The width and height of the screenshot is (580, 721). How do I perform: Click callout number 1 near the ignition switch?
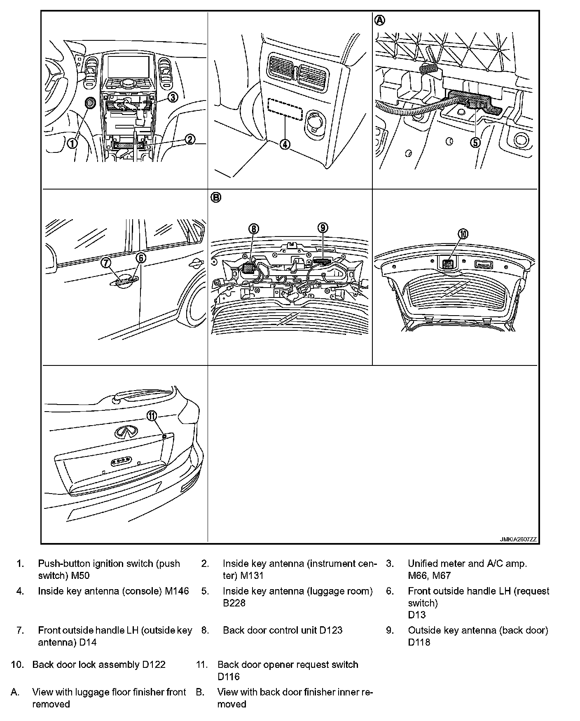pos(72,143)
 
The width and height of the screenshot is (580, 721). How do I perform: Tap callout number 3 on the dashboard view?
pos(173,97)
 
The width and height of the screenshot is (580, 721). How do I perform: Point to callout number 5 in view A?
pos(475,143)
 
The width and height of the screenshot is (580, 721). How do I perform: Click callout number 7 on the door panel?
pos(107,262)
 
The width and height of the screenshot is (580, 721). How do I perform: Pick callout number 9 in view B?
pos(323,227)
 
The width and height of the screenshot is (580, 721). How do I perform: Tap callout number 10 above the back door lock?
pos(463,234)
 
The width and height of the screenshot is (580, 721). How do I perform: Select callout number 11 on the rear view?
pos(152,416)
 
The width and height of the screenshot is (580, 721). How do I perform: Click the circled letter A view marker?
pos(379,20)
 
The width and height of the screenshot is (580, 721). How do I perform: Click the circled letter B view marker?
pos(216,197)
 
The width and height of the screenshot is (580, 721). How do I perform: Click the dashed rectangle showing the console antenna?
pos(285,109)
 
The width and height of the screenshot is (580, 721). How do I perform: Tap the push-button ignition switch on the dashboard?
pos(90,103)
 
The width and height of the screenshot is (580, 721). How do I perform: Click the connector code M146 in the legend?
pos(177,591)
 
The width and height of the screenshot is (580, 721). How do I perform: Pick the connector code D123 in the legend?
pos(331,630)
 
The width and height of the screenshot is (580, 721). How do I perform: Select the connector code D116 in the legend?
pos(228,677)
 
